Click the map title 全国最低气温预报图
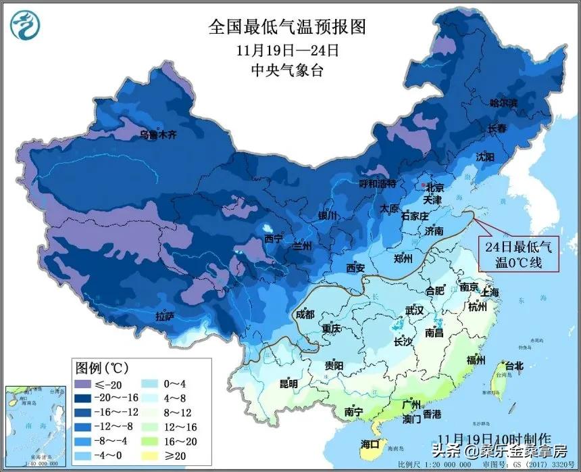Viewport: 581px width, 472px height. [288, 27]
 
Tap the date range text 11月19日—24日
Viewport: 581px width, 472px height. [288, 50]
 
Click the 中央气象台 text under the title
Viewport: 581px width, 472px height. [288, 70]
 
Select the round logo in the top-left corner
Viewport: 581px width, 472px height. [24, 25]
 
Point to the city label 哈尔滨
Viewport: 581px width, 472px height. [503, 103]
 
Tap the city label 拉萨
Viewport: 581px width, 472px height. [166, 316]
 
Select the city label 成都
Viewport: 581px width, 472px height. [305, 314]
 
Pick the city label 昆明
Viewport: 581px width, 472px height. [288, 384]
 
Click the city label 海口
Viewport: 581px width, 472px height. [370, 444]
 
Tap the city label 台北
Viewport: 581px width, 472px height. [514, 366]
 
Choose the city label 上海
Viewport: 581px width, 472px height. [490, 292]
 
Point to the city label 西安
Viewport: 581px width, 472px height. [355, 268]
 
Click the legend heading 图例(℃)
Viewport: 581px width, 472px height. [101, 369]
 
